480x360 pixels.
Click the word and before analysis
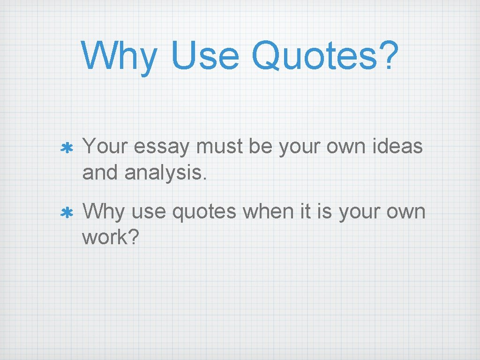point(100,173)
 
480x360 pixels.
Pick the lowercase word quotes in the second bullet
point(204,212)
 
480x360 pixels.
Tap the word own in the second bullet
point(406,212)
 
